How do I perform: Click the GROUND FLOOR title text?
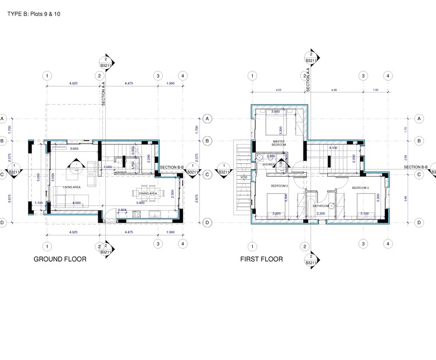(x=60, y=259)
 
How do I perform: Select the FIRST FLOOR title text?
(x=262, y=259)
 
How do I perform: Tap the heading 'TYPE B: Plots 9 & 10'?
(x=34, y=13)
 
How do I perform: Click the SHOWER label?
(x=269, y=165)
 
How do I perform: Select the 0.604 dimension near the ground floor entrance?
(x=122, y=210)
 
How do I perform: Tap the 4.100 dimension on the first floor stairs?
(x=333, y=148)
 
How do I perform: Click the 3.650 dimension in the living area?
(x=74, y=149)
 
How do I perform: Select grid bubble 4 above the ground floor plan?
(x=183, y=76)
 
